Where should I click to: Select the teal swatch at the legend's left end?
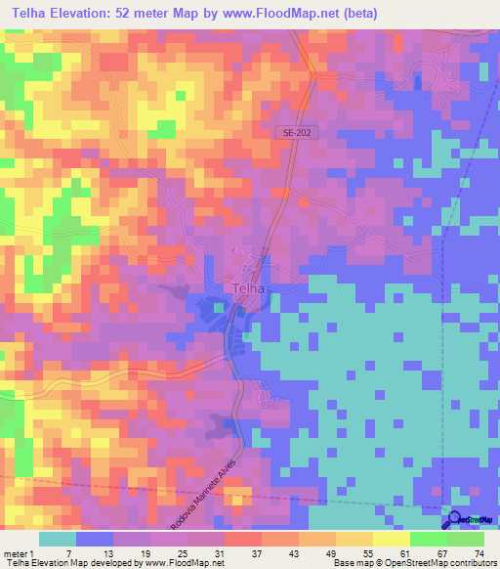(57, 539)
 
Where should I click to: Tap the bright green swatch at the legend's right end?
(465, 539)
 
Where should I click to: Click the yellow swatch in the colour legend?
(391, 539)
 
